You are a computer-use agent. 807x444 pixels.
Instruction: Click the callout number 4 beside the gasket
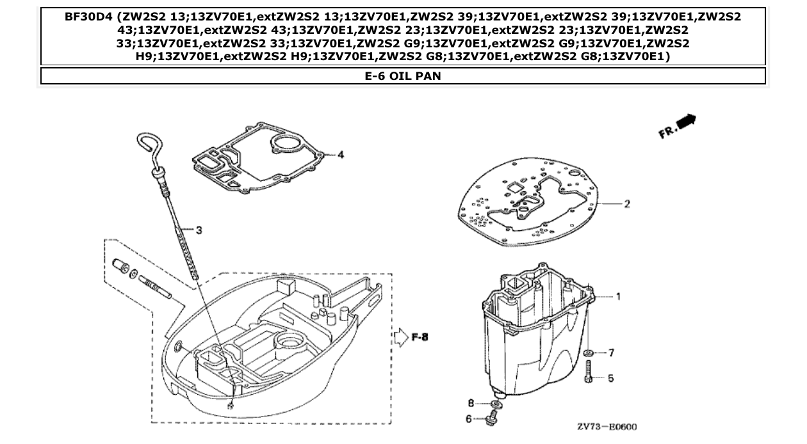341,155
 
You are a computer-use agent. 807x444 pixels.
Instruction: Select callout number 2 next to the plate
627,204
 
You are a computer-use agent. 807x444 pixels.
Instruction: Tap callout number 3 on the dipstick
199,230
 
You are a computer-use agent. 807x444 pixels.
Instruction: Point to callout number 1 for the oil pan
619,296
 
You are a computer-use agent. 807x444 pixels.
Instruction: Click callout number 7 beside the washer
611,353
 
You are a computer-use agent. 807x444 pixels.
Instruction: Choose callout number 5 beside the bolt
610,378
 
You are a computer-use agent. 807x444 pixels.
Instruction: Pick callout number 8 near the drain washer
471,403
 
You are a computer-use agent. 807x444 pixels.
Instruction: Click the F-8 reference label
420,337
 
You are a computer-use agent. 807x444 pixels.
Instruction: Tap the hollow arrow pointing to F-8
399,337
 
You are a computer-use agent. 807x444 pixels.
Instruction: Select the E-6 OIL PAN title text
403,76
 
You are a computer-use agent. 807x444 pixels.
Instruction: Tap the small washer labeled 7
589,353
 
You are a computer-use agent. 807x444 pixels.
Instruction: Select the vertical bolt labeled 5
588,372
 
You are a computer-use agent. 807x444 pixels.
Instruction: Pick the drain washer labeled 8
495,404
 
